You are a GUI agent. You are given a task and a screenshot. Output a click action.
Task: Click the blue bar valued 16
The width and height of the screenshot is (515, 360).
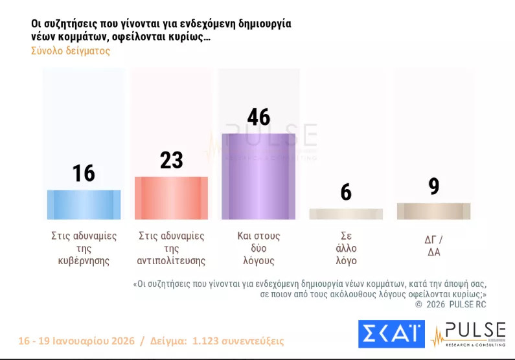(84, 205)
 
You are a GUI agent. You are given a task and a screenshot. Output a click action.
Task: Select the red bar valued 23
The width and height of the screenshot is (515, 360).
(171, 198)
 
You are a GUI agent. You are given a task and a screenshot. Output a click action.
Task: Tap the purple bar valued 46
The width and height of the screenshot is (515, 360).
(258, 176)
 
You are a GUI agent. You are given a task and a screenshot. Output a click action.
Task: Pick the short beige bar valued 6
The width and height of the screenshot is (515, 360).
(346, 214)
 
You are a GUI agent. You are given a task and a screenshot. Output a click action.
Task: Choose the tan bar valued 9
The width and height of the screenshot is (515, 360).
(433, 211)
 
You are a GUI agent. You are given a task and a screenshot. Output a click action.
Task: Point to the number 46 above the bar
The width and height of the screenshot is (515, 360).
(258, 117)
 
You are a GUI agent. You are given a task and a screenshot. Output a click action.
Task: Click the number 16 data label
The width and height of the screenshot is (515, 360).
(84, 173)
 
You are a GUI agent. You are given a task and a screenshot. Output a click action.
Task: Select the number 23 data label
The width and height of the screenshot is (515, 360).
(171, 160)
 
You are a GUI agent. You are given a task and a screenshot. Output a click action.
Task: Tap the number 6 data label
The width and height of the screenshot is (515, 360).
(346, 192)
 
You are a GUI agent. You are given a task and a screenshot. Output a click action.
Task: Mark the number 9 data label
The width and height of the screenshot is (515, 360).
(433, 186)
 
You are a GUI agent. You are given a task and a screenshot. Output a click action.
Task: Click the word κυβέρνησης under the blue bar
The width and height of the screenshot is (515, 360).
(84, 262)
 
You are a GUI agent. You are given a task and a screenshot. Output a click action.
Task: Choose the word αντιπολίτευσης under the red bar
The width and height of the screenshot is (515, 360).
(172, 262)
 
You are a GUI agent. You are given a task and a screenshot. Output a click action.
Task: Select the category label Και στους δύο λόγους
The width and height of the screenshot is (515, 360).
(258, 249)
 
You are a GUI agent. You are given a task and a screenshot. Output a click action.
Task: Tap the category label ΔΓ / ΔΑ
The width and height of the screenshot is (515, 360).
(433, 245)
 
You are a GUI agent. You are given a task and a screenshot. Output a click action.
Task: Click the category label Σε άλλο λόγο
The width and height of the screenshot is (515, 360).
(347, 249)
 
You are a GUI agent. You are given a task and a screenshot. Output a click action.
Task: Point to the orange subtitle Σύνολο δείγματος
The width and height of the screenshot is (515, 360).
(70, 51)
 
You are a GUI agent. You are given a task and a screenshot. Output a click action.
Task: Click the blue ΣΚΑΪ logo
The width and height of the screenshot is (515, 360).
(391, 334)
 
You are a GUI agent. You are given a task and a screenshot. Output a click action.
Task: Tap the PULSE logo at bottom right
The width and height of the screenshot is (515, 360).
(468, 334)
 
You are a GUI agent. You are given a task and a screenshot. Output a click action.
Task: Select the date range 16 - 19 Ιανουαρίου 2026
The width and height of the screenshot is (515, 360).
(76, 341)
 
